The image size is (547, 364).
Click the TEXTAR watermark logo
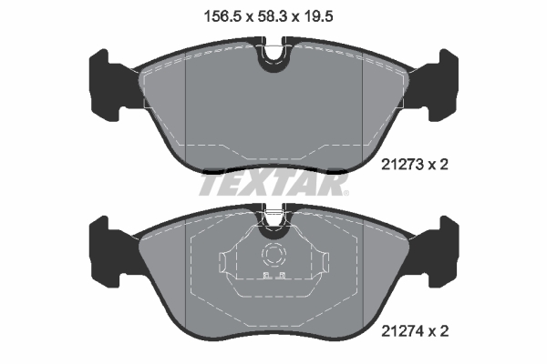(273, 186)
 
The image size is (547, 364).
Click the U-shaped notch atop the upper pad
(273, 56)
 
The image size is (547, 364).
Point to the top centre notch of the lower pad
(273, 218)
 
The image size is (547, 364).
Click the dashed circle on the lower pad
(273, 256)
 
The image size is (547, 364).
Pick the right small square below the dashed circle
(282, 276)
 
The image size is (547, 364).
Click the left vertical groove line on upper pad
(186, 100)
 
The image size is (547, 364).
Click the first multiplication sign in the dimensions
(246, 15)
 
